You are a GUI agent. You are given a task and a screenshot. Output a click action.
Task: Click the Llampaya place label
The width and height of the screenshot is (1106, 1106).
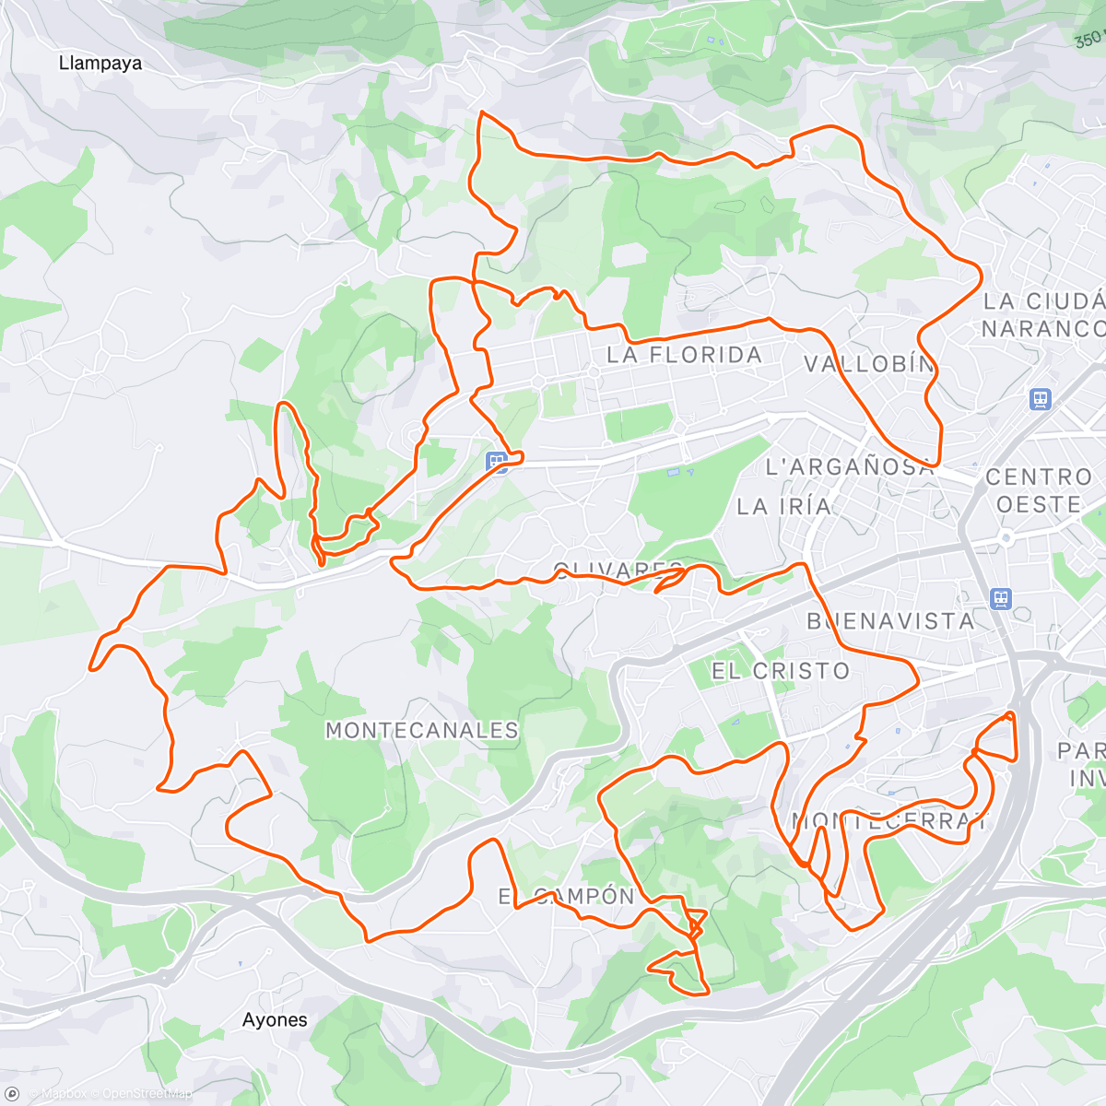[x=100, y=64]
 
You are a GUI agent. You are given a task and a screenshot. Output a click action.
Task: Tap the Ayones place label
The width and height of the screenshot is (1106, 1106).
[x=275, y=1019]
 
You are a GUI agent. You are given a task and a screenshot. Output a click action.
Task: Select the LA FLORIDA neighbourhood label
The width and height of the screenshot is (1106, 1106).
[x=684, y=355]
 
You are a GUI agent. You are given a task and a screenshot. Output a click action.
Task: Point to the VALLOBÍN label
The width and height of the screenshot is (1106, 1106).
[x=869, y=364]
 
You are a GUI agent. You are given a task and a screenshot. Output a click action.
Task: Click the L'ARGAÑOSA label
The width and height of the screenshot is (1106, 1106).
[x=850, y=467]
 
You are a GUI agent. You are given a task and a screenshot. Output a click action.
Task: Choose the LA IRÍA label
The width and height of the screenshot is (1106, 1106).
[x=784, y=506]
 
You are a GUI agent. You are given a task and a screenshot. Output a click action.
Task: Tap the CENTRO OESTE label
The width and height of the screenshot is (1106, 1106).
[x=1039, y=490]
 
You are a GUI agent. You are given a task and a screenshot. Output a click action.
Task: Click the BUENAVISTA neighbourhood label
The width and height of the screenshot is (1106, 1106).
[x=890, y=621]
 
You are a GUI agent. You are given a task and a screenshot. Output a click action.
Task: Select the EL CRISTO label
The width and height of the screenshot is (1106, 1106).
[x=781, y=671]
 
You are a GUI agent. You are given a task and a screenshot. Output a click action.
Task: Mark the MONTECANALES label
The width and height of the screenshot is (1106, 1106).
[x=422, y=731]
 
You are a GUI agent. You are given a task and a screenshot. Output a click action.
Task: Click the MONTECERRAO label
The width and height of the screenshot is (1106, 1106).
[x=888, y=821]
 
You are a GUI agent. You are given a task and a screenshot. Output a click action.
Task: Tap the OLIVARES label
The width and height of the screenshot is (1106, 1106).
[x=618, y=570]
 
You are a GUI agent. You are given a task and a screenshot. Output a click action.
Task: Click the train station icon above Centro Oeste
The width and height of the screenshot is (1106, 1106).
[x=1041, y=400]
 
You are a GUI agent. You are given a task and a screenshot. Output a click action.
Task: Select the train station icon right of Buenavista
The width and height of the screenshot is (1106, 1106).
[x=1001, y=599]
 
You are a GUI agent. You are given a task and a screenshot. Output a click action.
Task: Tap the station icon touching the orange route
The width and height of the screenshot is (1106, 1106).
[x=498, y=462]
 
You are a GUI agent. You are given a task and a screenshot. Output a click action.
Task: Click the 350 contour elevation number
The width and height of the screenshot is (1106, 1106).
[x=1088, y=39]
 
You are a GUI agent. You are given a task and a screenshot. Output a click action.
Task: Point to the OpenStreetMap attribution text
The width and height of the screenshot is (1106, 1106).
[x=147, y=1094]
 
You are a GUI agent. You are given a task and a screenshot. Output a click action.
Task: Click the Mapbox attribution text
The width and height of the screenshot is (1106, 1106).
[x=64, y=1094]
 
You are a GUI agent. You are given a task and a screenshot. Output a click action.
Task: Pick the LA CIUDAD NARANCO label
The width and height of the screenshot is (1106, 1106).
[x=1043, y=315]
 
